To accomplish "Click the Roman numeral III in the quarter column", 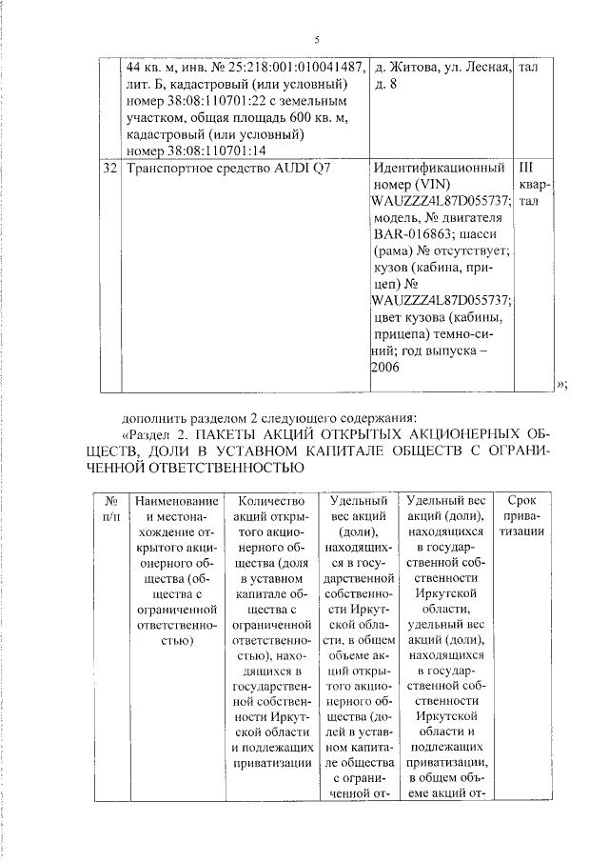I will coord(529,168).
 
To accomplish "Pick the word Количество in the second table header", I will coord(271,500).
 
